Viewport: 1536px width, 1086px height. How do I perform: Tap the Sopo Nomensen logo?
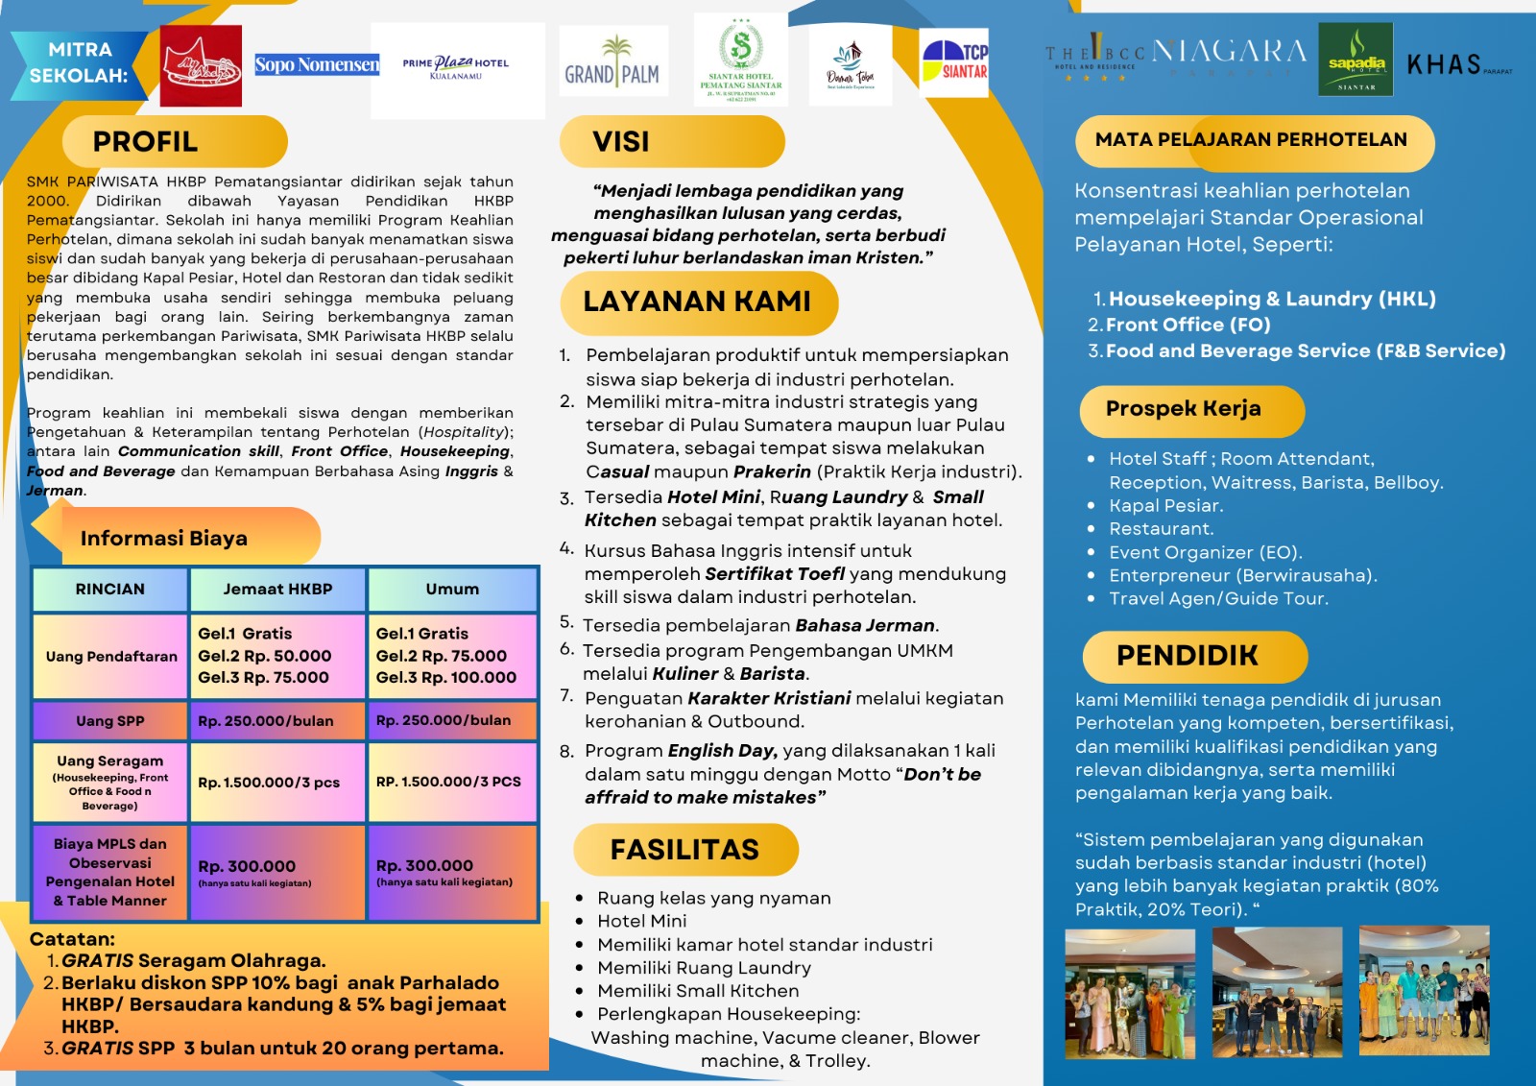(317, 65)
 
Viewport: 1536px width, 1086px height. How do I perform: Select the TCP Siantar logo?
(954, 62)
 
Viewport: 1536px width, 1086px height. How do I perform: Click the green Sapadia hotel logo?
(1356, 60)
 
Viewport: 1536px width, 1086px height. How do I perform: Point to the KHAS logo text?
(1445, 65)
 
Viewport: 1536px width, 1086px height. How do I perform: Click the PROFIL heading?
(146, 142)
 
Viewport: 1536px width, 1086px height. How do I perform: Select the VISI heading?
(621, 142)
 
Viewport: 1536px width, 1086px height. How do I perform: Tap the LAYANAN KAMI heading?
(697, 302)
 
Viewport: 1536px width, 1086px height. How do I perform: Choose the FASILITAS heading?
(684, 850)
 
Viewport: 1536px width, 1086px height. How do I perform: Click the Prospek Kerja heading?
(1183, 409)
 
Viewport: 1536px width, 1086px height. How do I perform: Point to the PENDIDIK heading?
(1188, 656)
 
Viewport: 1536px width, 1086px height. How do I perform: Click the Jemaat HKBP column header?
(277, 590)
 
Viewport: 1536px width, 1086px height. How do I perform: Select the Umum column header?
(452, 590)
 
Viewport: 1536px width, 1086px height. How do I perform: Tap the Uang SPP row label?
(110, 721)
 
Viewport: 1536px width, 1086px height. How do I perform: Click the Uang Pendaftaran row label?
(111, 657)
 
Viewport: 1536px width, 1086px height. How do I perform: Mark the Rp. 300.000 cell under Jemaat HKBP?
(248, 867)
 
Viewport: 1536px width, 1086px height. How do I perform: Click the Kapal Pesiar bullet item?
(1165, 506)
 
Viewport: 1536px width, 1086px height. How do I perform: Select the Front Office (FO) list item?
(1188, 326)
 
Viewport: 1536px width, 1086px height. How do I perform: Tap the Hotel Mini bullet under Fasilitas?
(641, 921)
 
